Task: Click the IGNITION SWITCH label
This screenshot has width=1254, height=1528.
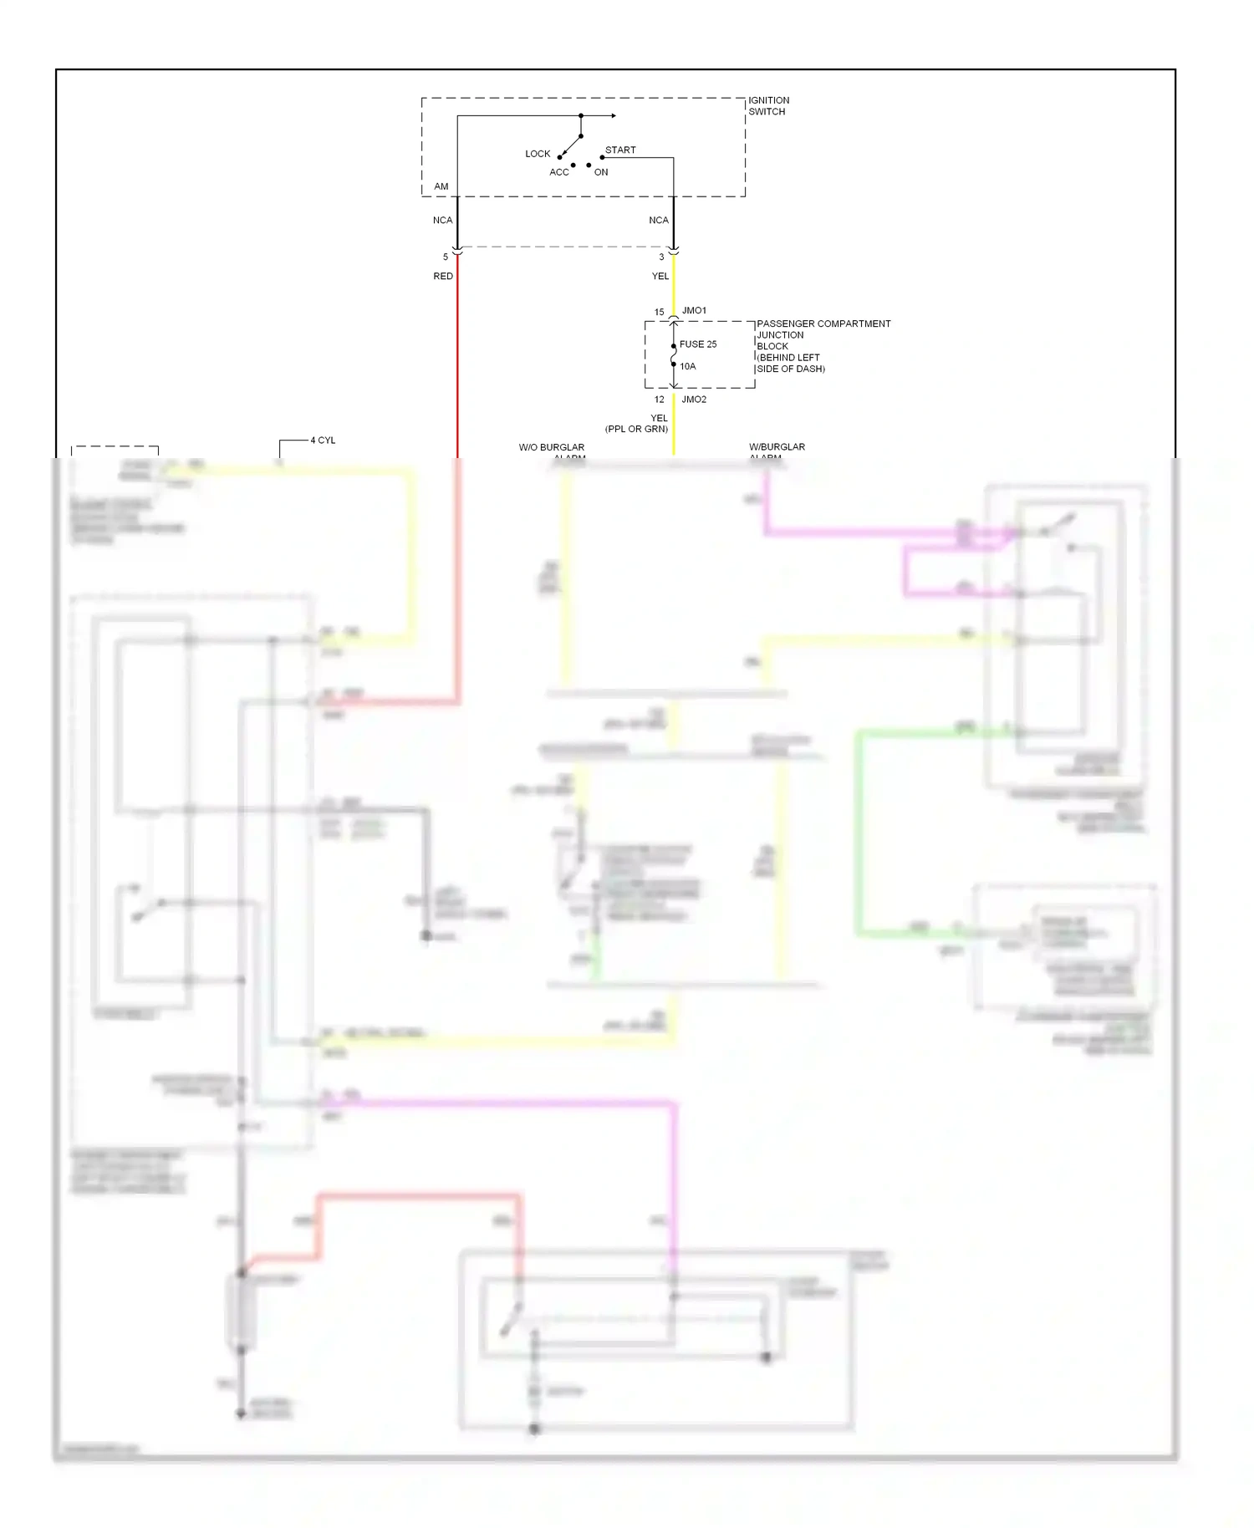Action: point(768,105)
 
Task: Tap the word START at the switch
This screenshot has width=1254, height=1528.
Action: point(620,150)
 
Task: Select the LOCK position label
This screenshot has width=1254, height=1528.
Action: point(538,154)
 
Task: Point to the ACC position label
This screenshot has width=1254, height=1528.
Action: point(558,172)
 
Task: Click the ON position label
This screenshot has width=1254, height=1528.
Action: point(601,172)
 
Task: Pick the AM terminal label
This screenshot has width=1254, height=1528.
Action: point(441,186)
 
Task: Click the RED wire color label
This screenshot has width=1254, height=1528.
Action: point(443,276)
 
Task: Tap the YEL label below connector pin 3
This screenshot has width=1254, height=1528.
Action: point(660,276)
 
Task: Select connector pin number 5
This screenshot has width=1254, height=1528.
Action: point(446,257)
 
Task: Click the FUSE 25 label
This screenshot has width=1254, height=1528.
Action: point(698,344)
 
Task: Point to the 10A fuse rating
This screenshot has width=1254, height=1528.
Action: point(687,366)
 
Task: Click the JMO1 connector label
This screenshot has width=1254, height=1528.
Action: point(694,311)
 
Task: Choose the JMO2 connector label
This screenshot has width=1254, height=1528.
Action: point(694,400)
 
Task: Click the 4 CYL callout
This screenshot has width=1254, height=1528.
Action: point(323,441)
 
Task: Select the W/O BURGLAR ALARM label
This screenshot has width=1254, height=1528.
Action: point(552,448)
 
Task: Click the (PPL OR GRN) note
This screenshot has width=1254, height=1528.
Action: point(636,429)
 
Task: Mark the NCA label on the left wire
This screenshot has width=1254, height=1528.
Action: point(442,221)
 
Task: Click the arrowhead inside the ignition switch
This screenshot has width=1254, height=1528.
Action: point(613,115)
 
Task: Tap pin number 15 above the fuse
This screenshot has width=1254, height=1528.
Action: point(659,313)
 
